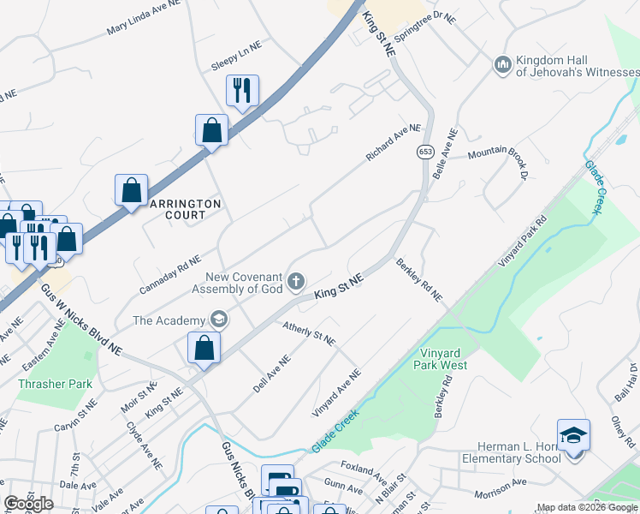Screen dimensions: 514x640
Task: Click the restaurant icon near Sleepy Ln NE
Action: (242, 89)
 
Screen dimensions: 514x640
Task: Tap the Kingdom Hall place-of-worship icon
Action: (502, 64)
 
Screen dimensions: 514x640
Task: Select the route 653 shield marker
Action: (425, 151)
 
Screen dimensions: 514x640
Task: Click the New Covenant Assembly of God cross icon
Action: (296, 281)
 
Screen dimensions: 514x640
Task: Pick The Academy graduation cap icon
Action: (218, 320)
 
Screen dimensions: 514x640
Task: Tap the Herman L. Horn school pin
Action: (573, 434)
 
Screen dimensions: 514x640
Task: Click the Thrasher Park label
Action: (55, 384)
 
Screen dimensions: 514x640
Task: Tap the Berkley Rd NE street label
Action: (418, 280)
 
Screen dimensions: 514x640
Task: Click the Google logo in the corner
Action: (28, 504)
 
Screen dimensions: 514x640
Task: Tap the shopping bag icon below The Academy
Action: (204, 347)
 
